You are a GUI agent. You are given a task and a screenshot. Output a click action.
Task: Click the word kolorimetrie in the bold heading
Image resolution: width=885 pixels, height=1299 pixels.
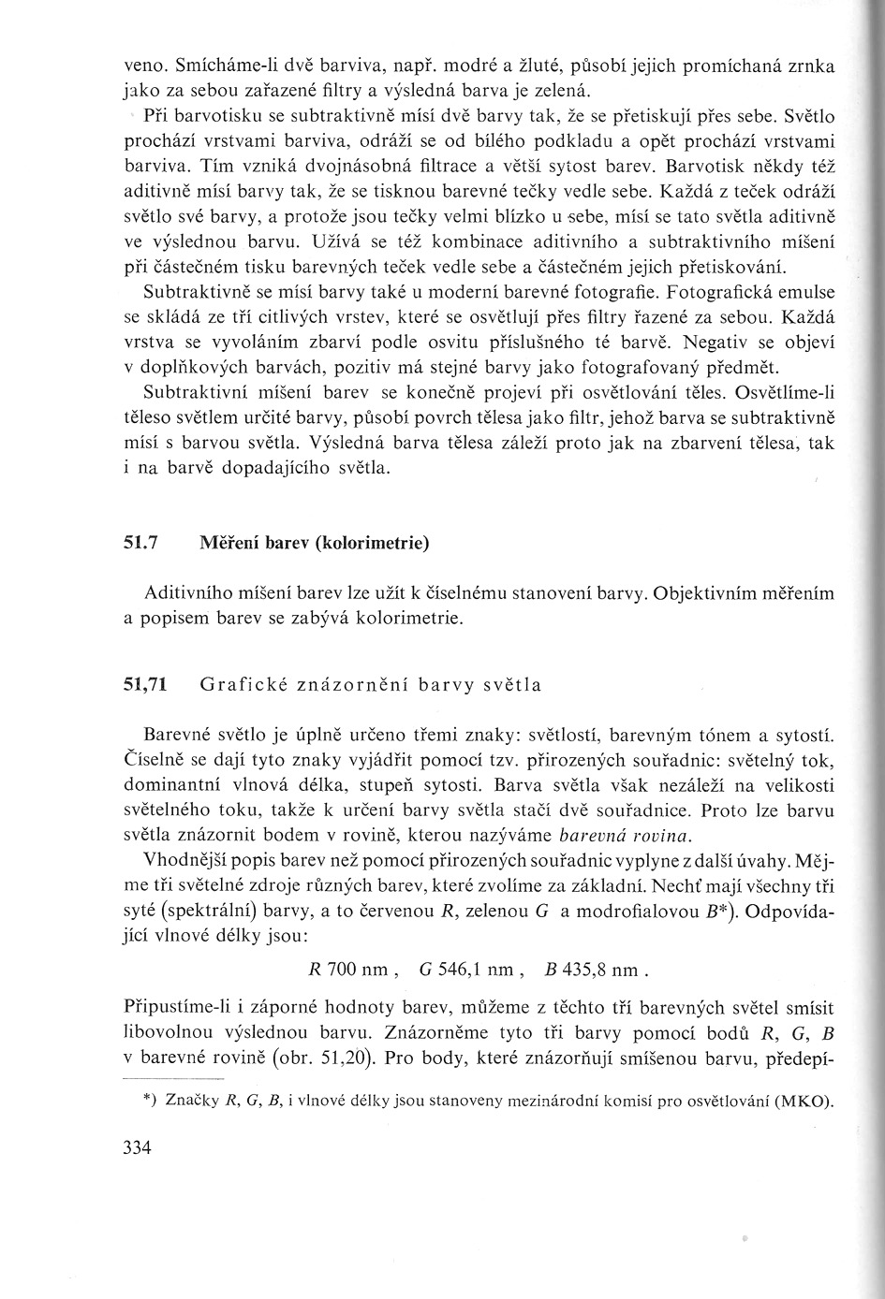379,543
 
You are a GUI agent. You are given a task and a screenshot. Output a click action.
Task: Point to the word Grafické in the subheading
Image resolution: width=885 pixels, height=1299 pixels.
234,684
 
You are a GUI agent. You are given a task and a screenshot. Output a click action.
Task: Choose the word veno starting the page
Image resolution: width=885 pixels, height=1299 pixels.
143,67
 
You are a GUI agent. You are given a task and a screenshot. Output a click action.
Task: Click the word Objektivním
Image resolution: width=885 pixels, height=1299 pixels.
708,593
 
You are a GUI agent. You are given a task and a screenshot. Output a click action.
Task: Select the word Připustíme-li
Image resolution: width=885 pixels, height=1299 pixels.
174,1011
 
